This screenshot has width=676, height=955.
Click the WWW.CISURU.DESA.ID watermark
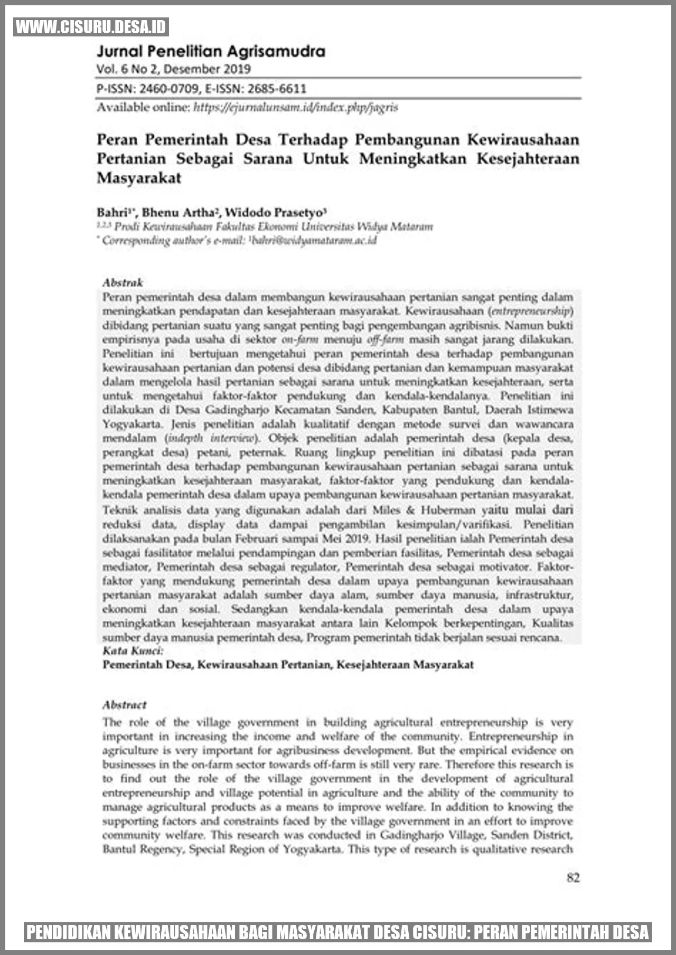(91, 27)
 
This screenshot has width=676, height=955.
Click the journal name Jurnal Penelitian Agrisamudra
(211, 51)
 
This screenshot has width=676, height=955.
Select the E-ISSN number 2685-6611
(277, 89)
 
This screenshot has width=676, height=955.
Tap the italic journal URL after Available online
(295, 108)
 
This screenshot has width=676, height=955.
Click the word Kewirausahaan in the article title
(523, 139)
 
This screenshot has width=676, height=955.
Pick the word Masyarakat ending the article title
(139, 178)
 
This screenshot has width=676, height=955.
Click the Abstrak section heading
(123, 282)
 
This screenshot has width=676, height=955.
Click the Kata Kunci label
(133, 650)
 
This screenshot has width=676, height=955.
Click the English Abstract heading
(125, 705)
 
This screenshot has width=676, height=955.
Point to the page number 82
(573, 877)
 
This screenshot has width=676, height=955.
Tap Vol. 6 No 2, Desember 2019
(174, 69)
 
